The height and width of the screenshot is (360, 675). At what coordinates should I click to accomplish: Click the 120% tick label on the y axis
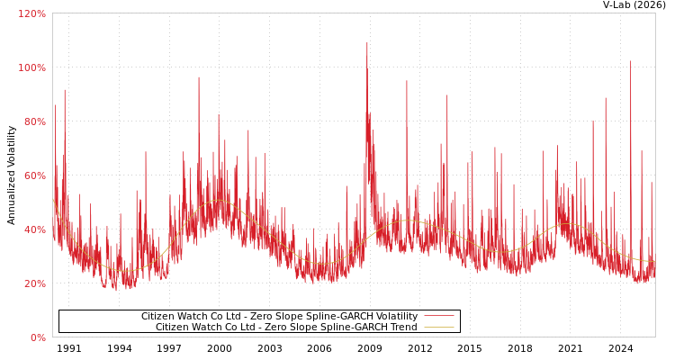(31, 13)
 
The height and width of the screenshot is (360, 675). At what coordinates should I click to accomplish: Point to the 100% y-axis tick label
(31, 67)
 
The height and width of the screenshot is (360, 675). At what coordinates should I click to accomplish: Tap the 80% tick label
(33, 121)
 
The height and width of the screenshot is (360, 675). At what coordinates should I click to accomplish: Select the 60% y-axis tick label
(33, 175)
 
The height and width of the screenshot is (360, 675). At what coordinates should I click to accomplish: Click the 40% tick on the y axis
(33, 229)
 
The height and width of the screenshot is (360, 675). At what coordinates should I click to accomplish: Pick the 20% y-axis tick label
(33, 283)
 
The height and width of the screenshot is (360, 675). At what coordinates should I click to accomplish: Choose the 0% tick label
(38, 337)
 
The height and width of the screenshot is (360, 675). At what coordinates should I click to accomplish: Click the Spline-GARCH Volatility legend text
(279, 317)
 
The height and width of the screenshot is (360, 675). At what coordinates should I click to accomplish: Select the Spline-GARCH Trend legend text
(286, 328)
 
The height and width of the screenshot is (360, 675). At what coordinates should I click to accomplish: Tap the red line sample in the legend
(438, 317)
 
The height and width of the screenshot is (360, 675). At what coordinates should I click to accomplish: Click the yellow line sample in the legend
(438, 328)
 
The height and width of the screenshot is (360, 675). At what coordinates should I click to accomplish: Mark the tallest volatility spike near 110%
(367, 43)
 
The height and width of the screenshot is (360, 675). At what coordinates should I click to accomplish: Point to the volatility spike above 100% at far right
(630, 62)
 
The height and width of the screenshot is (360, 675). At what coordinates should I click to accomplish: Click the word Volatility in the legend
(394, 317)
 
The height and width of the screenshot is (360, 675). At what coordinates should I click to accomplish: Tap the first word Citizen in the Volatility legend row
(158, 317)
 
